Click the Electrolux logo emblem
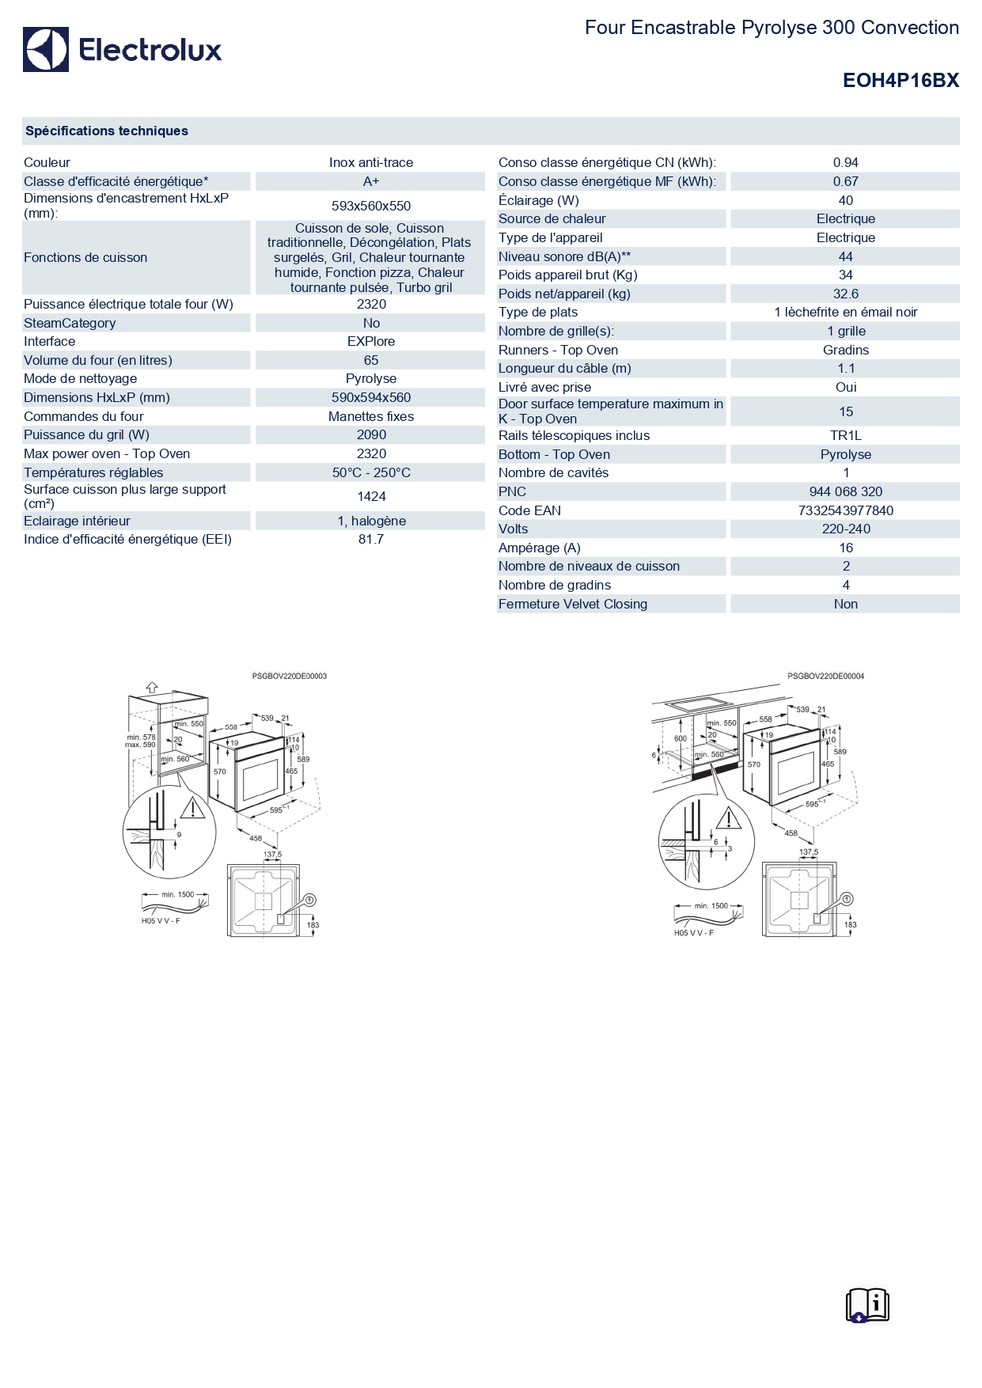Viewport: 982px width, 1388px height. [46, 50]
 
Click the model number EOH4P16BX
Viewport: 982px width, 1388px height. [900, 80]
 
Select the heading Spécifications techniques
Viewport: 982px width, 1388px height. [107, 131]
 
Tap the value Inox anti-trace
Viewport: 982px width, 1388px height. [371, 162]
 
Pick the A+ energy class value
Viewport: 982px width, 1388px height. [371, 181]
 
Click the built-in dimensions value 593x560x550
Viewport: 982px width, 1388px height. [371, 206]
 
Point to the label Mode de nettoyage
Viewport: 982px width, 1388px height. [81, 378]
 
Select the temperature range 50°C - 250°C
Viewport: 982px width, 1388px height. [371, 472]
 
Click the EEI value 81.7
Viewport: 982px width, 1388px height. [371, 539]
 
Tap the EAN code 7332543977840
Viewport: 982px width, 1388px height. [845, 510]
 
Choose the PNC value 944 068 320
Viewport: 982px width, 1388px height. [845, 491]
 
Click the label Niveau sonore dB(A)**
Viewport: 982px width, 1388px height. [564, 256]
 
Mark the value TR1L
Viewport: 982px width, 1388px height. [845, 435]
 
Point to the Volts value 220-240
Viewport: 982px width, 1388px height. [845, 529]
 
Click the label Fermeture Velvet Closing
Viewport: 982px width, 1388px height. [573, 604]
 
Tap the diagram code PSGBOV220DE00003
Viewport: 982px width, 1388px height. [290, 677]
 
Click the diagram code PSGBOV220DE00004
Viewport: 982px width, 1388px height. [825, 677]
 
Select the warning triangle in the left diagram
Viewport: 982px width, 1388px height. [191, 808]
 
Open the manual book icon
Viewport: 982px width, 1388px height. [867, 1305]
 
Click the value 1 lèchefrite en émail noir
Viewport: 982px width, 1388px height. [845, 312]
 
